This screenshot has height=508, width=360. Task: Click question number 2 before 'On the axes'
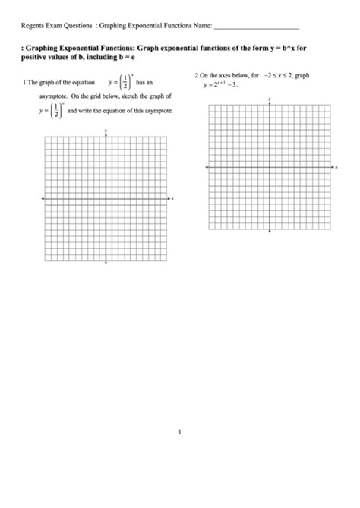click(x=197, y=76)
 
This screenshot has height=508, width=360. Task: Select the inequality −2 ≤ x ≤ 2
click(x=278, y=76)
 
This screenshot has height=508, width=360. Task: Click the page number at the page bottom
click(x=180, y=434)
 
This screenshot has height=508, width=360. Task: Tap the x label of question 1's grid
click(x=173, y=198)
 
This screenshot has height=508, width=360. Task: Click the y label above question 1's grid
click(x=106, y=131)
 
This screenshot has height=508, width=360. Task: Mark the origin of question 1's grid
click(x=106, y=198)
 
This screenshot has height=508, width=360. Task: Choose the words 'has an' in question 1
click(x=144, y=82)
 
